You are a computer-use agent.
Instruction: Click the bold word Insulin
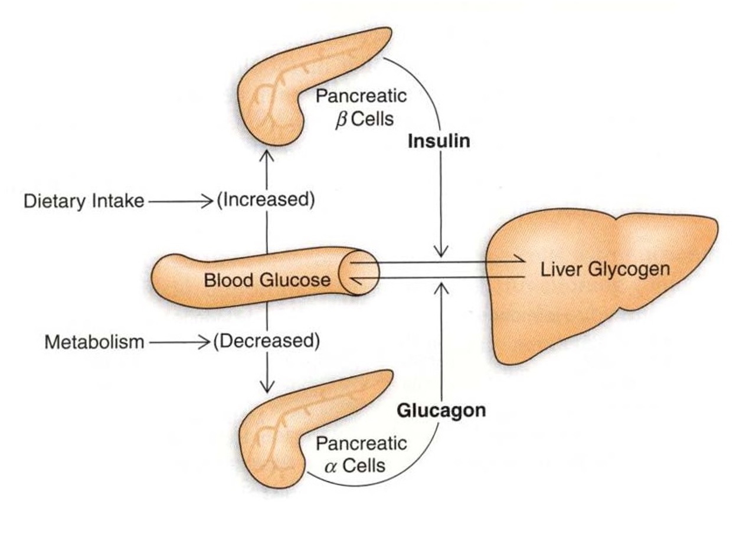coord(440,142)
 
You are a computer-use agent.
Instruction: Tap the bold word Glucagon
coord(441,410)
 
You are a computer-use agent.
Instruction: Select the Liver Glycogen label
coord(605,270)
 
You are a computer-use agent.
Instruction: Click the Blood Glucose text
coord(267,280)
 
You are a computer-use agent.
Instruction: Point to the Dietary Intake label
coord(84,201)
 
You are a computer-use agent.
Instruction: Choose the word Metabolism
coord(94,342)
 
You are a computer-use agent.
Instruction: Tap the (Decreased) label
coord(266,341)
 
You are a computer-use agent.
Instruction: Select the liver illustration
coord(602,295)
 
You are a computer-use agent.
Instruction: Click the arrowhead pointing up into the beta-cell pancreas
coord(267,155)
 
